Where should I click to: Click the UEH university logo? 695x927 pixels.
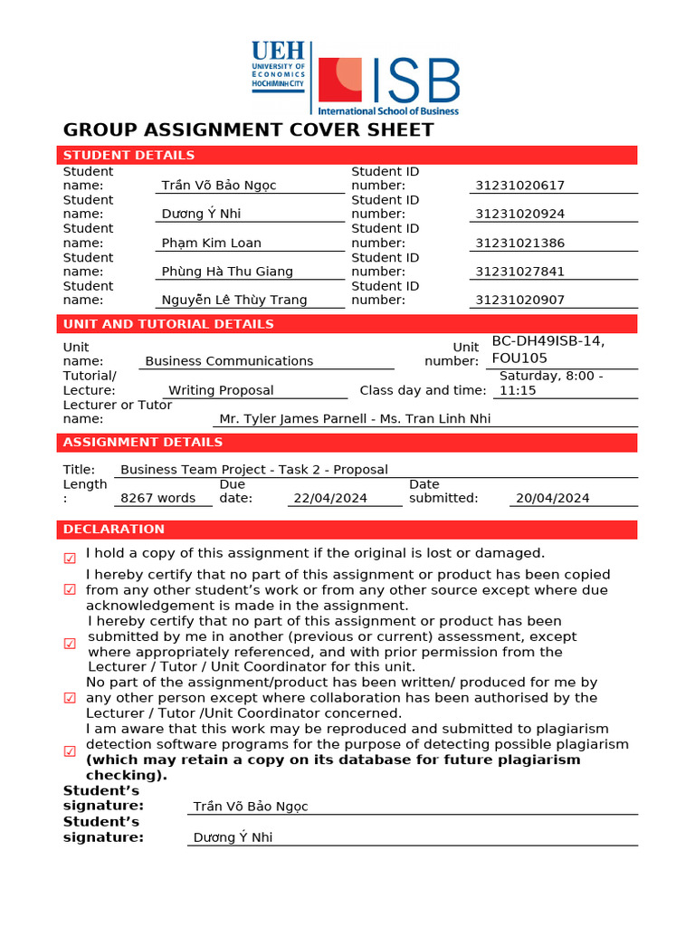280,69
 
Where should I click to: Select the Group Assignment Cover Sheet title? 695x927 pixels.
249,129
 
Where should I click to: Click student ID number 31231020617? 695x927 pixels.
520,186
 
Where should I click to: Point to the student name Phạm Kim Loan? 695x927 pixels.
211,243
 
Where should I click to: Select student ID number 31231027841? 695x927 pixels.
520,272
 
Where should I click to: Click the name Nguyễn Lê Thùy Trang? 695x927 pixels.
234,300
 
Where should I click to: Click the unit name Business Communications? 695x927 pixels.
229,360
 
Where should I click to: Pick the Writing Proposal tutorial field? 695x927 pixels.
222,390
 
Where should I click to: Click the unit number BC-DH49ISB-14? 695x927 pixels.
547,341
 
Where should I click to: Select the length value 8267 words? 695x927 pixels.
158,498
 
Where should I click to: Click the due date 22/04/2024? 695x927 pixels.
329,498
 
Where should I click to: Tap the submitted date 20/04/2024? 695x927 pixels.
552,498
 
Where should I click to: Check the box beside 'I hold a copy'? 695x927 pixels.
70,559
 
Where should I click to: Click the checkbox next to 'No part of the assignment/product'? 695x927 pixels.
70,698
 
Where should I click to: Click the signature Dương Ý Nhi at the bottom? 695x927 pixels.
233,837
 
